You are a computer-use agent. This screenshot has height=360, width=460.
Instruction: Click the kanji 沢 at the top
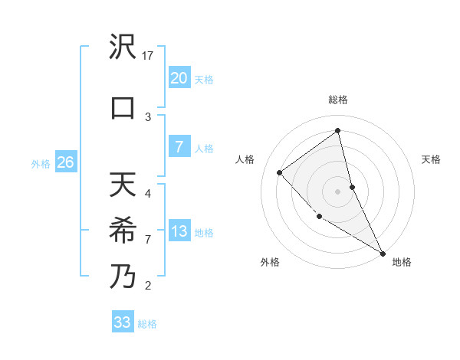pos(123,49)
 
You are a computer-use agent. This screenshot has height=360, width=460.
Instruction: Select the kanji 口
pos(123,107)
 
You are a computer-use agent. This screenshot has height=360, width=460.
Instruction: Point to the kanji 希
pos(123,231)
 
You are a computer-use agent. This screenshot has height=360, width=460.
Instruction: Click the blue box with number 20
pos(179,78)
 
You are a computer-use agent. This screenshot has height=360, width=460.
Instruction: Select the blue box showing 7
pos(179,148)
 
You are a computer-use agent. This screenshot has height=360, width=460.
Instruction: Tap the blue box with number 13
pos(179,231)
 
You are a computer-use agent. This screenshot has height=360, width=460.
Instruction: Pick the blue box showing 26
pos(65,162)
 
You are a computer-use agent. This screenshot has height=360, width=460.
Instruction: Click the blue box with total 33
pos(123,322)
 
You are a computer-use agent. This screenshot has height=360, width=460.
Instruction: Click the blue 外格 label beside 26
pos(40,163)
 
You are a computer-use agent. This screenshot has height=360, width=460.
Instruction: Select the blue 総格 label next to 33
pos(147,324)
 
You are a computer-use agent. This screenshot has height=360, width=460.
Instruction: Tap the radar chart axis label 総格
pos(338,100)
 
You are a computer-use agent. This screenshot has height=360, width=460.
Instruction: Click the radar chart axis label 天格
pos(432,159)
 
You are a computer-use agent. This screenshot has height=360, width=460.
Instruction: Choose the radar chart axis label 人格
pos(245,159)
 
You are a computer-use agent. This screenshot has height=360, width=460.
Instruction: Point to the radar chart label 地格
pos(402,262)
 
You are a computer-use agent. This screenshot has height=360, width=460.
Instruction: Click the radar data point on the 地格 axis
pos(383,253)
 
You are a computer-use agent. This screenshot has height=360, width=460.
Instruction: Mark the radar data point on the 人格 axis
pos(280,172)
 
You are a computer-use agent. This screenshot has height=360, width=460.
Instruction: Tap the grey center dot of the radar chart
pos(338,191)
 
